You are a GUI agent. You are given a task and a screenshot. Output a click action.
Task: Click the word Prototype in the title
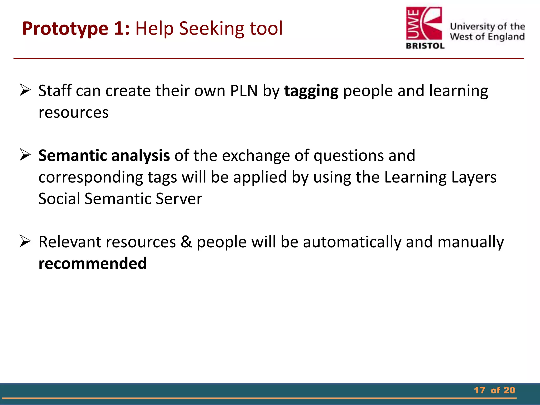[x=65, y=28]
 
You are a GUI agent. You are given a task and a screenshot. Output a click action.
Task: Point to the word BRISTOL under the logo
[x=425, y=46]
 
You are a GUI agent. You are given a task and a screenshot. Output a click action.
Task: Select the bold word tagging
[x=311, y=91]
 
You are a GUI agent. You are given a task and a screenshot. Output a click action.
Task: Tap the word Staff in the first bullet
[x=55, y=91]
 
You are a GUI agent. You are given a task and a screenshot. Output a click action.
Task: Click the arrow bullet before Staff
[x=25, y=90]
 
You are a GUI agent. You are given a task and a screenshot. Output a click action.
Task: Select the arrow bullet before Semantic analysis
[x=25, y=155]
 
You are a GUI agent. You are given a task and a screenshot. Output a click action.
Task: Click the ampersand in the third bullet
[x=186, y=242]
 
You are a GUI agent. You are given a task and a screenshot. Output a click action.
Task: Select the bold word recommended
[x=93, y=263]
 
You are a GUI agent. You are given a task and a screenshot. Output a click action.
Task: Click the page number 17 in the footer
[x=480, y=390]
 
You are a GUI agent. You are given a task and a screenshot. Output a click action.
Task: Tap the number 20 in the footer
[x=509, y=390]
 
